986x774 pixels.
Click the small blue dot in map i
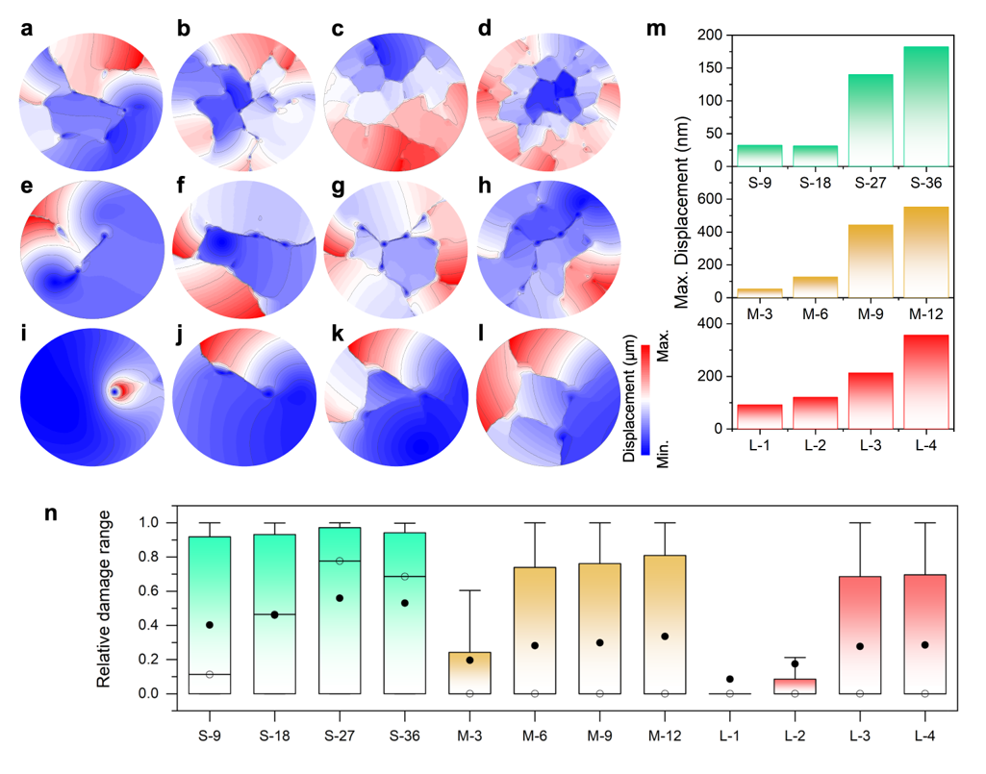115,392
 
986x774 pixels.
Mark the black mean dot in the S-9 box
210,625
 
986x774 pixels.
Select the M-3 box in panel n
470,673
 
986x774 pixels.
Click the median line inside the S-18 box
274,614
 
